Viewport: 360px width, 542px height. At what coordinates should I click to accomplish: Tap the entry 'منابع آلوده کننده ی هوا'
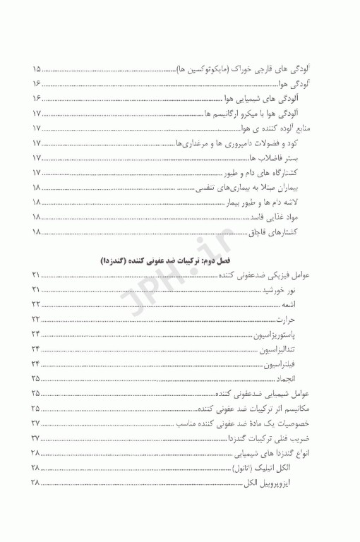tap(278, 128)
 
